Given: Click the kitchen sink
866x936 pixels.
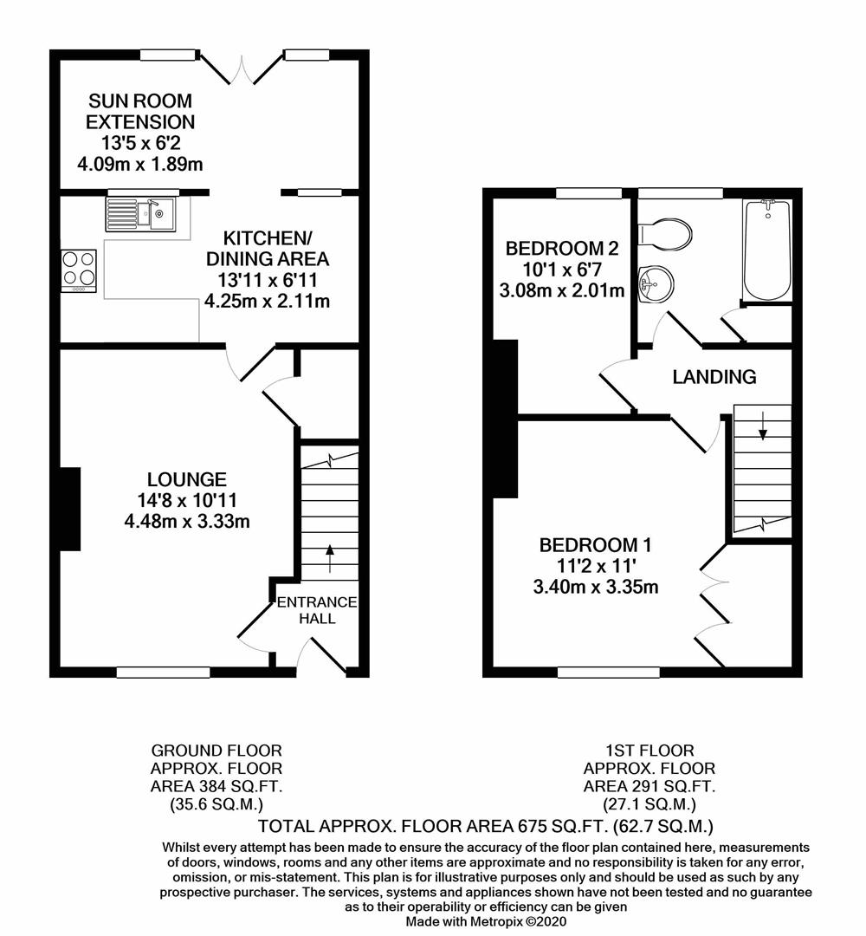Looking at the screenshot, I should click(x=140, y=213).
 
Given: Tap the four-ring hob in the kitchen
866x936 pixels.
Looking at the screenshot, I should click(x=79, y=268).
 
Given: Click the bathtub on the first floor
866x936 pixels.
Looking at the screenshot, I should click(x=766, y=250).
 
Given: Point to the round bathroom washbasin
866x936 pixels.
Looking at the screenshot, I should click(x=650, y=282).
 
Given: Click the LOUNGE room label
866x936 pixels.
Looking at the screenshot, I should click(x=187, y=479).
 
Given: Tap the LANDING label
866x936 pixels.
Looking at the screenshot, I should click(x=714, y=377).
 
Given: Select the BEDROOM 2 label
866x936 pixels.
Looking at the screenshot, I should click(x=562, y=250).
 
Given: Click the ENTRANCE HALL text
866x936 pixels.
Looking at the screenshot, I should click(x=317, y=610).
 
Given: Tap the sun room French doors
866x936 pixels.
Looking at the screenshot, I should click(x=243, y=69).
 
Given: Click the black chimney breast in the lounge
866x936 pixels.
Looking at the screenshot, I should click(x=69, y=508).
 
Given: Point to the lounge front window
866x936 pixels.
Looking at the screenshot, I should click(x=163, y=671).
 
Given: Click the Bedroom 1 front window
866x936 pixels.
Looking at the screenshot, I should click(x=608, y=672).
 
